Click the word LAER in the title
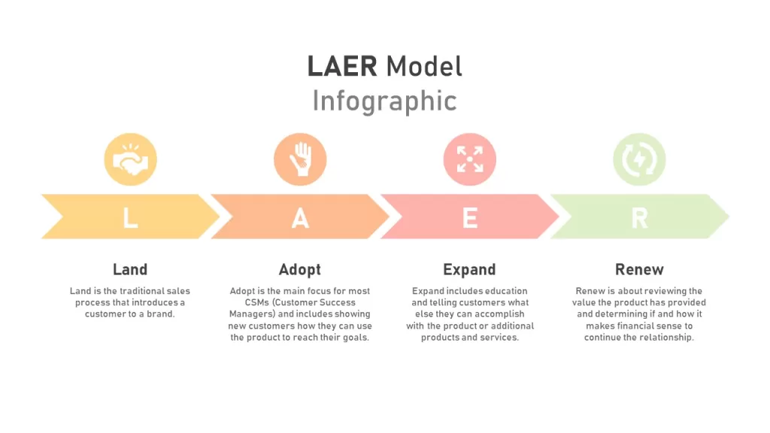[x=342, y=66]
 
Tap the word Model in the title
[x=424, y=66]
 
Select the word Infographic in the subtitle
[x=384, y=101]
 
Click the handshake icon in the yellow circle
[x=130, y=159]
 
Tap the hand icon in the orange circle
[x=300, y=159]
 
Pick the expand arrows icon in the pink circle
[x=470, y=159]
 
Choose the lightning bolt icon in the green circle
[x=639, y=159]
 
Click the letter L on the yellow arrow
[x=130, y=218]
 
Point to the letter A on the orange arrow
[x=300, y=218]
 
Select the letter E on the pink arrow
[x=470, y=218]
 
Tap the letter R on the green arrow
[x=639, y=218]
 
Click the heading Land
[x=130, y=269]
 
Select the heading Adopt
[x=299, y=270]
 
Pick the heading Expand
[x=469, y=270]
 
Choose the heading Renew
[x=639, y=269]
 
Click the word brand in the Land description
[x=161, y=313]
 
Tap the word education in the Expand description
[x=503, y=291]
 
